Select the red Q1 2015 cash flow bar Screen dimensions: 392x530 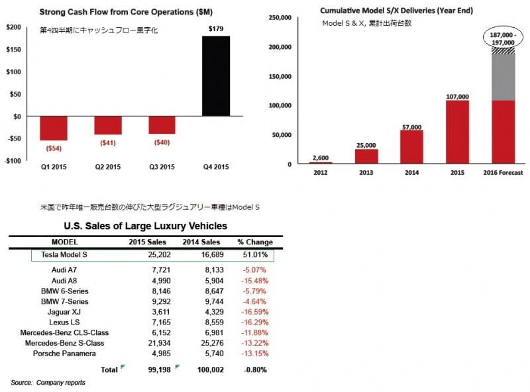tap(54, 128)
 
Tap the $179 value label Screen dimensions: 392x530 tap(216, 28)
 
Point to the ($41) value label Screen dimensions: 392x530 tap(107, 143)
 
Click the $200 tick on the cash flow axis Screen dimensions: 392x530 tap(13, 26)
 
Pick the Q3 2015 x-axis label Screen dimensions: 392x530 tap(162, 166)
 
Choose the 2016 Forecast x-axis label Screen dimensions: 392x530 tap(503, 172)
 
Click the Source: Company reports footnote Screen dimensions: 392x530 tap(48, 383)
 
